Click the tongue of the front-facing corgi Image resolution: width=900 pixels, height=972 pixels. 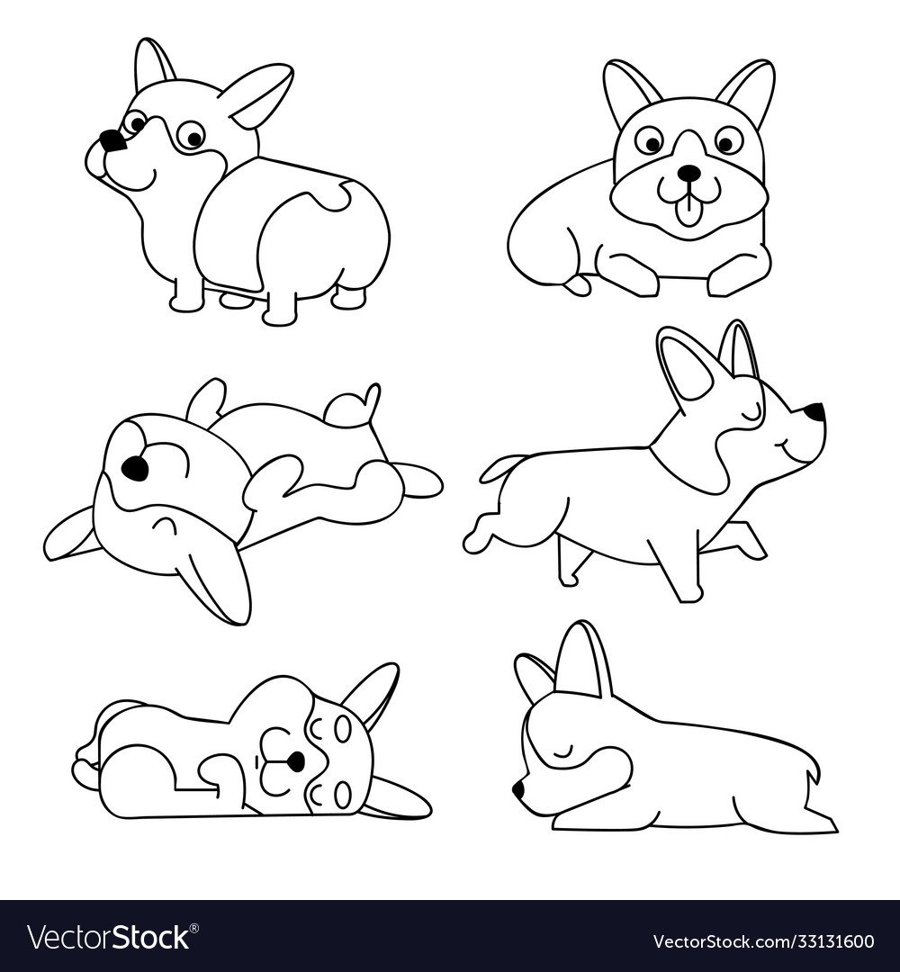click(x=686, y=214)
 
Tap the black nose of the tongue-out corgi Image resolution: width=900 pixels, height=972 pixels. click(x=687, y=172)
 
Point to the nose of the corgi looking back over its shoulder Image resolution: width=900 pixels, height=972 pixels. click(x=112, y=140)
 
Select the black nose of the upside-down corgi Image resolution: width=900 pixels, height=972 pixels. click(x=135, y=467)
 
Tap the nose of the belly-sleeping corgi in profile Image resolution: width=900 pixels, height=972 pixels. click(x=518, y=790)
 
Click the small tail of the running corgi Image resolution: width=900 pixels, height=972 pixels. click(x=500, y=466)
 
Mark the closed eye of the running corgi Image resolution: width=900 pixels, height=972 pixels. click(x=751, y=411)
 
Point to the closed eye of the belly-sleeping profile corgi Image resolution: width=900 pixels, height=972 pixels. click(x=564, y=752)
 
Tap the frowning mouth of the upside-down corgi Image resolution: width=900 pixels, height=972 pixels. click(x=163, y=526)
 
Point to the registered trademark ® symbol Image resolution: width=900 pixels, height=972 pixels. click(x=194, y=928)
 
